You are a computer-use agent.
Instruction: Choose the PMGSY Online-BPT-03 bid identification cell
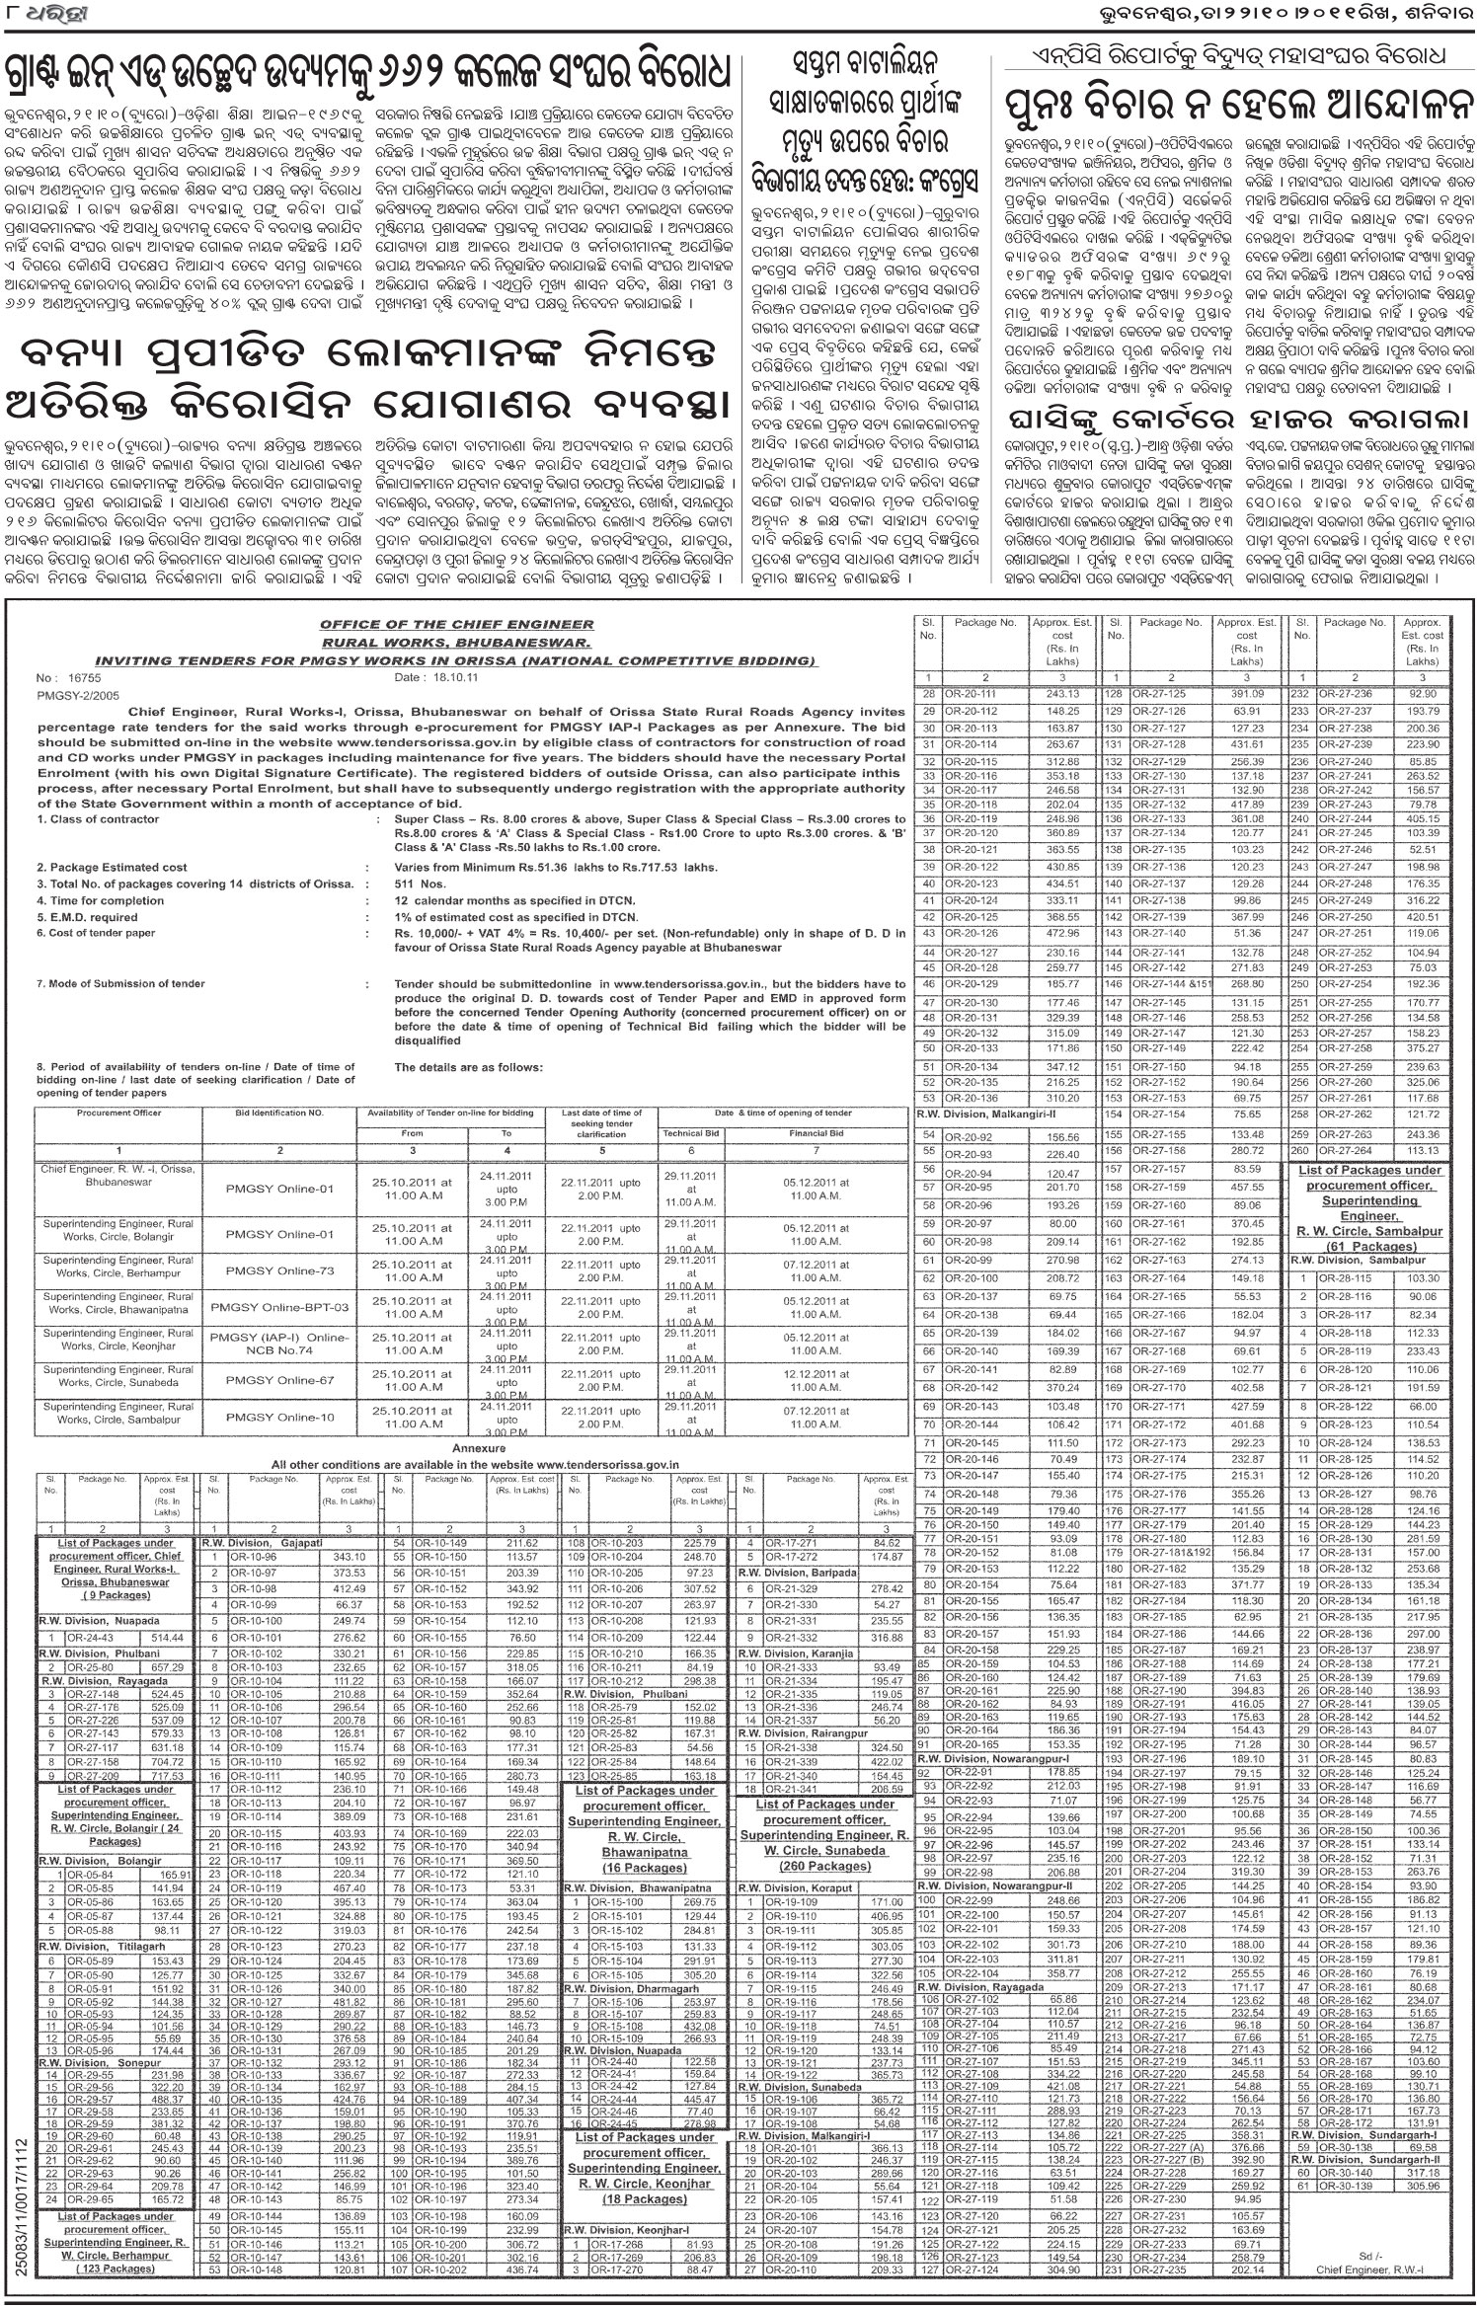coord(279,1307)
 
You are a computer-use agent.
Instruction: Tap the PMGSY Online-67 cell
coord(279,1379)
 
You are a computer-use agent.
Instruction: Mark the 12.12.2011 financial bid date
coord(816,1374)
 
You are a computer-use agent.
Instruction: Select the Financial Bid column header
coord(816,1134)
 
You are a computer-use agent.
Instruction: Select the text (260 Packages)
coord(824,1867)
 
